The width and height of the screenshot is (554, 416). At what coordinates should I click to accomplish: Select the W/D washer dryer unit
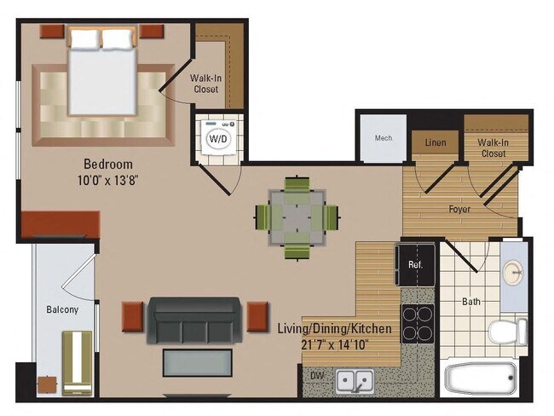pos(218,136)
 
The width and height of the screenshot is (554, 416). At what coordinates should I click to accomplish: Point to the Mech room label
pos(383,138)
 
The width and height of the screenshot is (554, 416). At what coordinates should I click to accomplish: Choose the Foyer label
pos(460,207)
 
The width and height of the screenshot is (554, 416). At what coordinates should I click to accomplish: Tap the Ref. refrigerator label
pos(415,264)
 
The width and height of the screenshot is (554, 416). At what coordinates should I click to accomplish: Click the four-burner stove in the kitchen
pos(418,321)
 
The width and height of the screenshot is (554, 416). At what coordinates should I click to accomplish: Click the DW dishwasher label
pos(317,374)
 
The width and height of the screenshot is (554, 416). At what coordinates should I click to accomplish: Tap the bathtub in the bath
pos(482,377)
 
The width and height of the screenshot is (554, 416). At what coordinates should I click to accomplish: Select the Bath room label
pos(471,301)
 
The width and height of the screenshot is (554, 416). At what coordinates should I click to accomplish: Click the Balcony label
pos(62,309)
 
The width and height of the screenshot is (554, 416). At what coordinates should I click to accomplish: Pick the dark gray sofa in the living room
pos(195,319)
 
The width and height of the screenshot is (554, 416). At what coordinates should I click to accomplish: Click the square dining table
pos(296,215)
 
